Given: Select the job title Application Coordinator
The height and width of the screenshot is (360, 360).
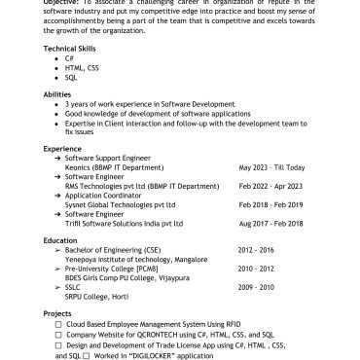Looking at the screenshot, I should (x=106, y=196).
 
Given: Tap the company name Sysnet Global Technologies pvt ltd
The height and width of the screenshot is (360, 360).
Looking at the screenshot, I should (x=120, y=204).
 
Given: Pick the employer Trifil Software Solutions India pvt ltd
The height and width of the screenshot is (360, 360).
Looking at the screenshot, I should (x=126, y=223).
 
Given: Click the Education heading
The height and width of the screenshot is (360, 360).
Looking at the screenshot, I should (x=60, y=239).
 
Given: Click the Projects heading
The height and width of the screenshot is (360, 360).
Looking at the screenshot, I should (x=58, y=313).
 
